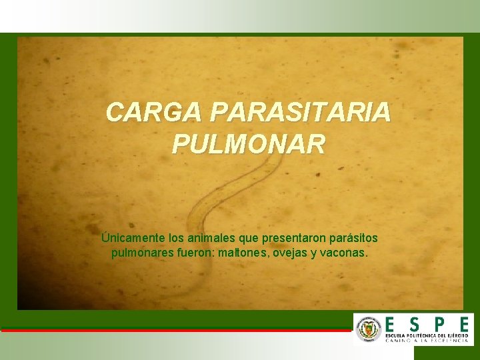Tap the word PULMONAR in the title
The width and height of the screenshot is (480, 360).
click(x=249, y=143)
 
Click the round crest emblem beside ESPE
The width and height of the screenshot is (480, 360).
click(x=369, y=329)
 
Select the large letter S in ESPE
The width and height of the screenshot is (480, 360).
click(x=415, y=322)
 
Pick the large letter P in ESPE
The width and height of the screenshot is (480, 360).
click(x=439, y=322)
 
